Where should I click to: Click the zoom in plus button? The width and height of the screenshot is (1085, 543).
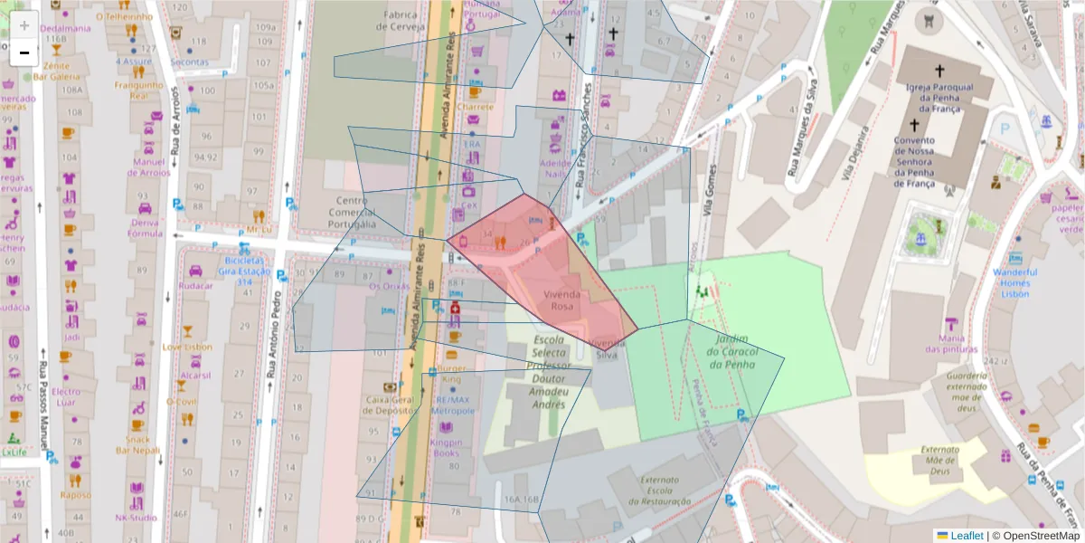pyautogui.click(x=24, y=25)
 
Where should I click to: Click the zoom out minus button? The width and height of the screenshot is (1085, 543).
pyautogui.click(x=24, y=52)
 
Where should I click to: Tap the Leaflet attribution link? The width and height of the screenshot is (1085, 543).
pyautogui.click(x=965, y=536)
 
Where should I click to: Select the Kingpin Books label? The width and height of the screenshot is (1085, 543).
pyautogui.click(x=446, y=447)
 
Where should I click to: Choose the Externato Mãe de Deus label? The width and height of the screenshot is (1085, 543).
pyautogui.click(x=939, y=460)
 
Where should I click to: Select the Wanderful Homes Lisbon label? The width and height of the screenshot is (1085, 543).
pyautogui.click(x=1015, y=282)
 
